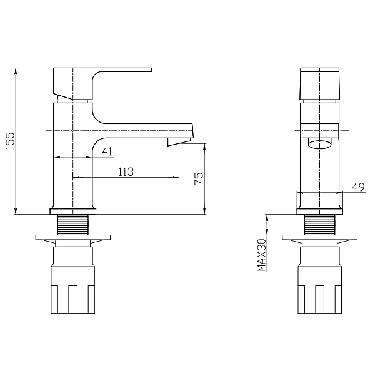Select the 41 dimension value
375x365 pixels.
[x=107, y=150]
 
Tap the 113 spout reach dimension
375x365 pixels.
[x=126, y=172]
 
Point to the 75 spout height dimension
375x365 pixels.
[x=198, y=179]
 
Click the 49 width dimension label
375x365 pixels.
[x=358, y=186]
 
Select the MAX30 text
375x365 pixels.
[x=262, y=255]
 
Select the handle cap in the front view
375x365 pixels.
[x=320, y=83]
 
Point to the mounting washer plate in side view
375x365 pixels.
[x=74, y=239]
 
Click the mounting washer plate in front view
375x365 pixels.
[x=320, y=239]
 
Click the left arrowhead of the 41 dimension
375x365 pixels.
[x=57, y=157]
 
